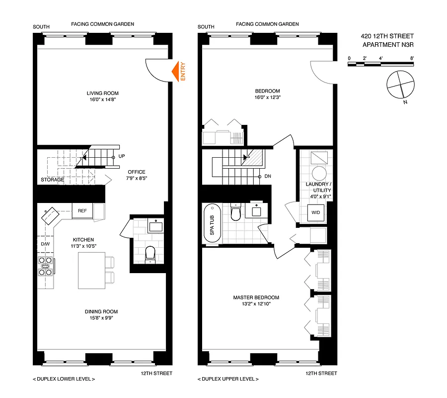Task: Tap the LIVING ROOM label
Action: tap(103, 93)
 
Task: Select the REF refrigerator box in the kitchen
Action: tap(82, 211)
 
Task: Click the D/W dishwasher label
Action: tap(45, 244)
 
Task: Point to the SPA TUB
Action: tap(212, 224)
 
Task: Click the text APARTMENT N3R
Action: tap(388, 44)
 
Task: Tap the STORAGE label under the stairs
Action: tap(52, 180)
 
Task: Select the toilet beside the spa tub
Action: tap(235, 212)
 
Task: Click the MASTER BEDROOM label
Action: tap(256, 298)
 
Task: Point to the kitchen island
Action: tap(91, 270)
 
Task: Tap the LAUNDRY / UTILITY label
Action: tap(318, 187)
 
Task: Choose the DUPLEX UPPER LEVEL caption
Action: tap(228, 379)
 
